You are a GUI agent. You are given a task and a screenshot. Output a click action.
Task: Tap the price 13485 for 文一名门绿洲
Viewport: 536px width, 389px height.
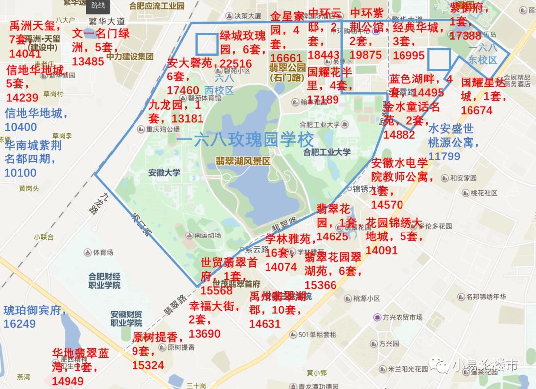(88, 61)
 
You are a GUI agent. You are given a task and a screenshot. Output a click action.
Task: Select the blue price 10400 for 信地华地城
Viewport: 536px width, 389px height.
(21, 127)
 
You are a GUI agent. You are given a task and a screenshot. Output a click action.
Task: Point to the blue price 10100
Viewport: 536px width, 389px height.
(21, 173)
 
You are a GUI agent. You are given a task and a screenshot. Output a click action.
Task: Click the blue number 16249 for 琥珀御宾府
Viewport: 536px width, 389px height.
(20, 324)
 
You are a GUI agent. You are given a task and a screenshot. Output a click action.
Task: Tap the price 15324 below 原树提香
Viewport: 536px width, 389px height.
(148, 365)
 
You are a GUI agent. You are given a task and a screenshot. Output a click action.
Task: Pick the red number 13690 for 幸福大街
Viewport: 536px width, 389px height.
(205, 334)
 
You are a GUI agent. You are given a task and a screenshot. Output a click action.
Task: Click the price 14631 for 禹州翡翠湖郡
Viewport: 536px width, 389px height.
(265, 323)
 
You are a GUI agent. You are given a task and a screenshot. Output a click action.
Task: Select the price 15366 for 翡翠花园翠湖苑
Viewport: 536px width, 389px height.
(321, 285)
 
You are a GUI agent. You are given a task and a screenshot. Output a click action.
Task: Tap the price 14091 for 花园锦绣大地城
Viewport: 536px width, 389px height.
(382, 250)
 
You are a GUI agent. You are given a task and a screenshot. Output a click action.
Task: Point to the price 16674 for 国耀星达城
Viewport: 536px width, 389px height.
(476, 110)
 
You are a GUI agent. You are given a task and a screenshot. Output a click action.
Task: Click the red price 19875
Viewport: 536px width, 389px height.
(365, 54)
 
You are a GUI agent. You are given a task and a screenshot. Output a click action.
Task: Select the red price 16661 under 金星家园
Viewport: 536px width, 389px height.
(286, 58)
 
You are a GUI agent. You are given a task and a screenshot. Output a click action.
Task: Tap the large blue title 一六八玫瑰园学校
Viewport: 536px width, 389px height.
(245, 139)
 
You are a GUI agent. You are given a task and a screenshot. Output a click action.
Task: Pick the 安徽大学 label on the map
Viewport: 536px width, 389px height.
(164, 173)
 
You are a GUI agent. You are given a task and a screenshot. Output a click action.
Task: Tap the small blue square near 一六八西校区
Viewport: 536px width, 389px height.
(206, 44)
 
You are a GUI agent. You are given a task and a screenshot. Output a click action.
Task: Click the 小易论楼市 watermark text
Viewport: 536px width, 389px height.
(485, 366)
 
